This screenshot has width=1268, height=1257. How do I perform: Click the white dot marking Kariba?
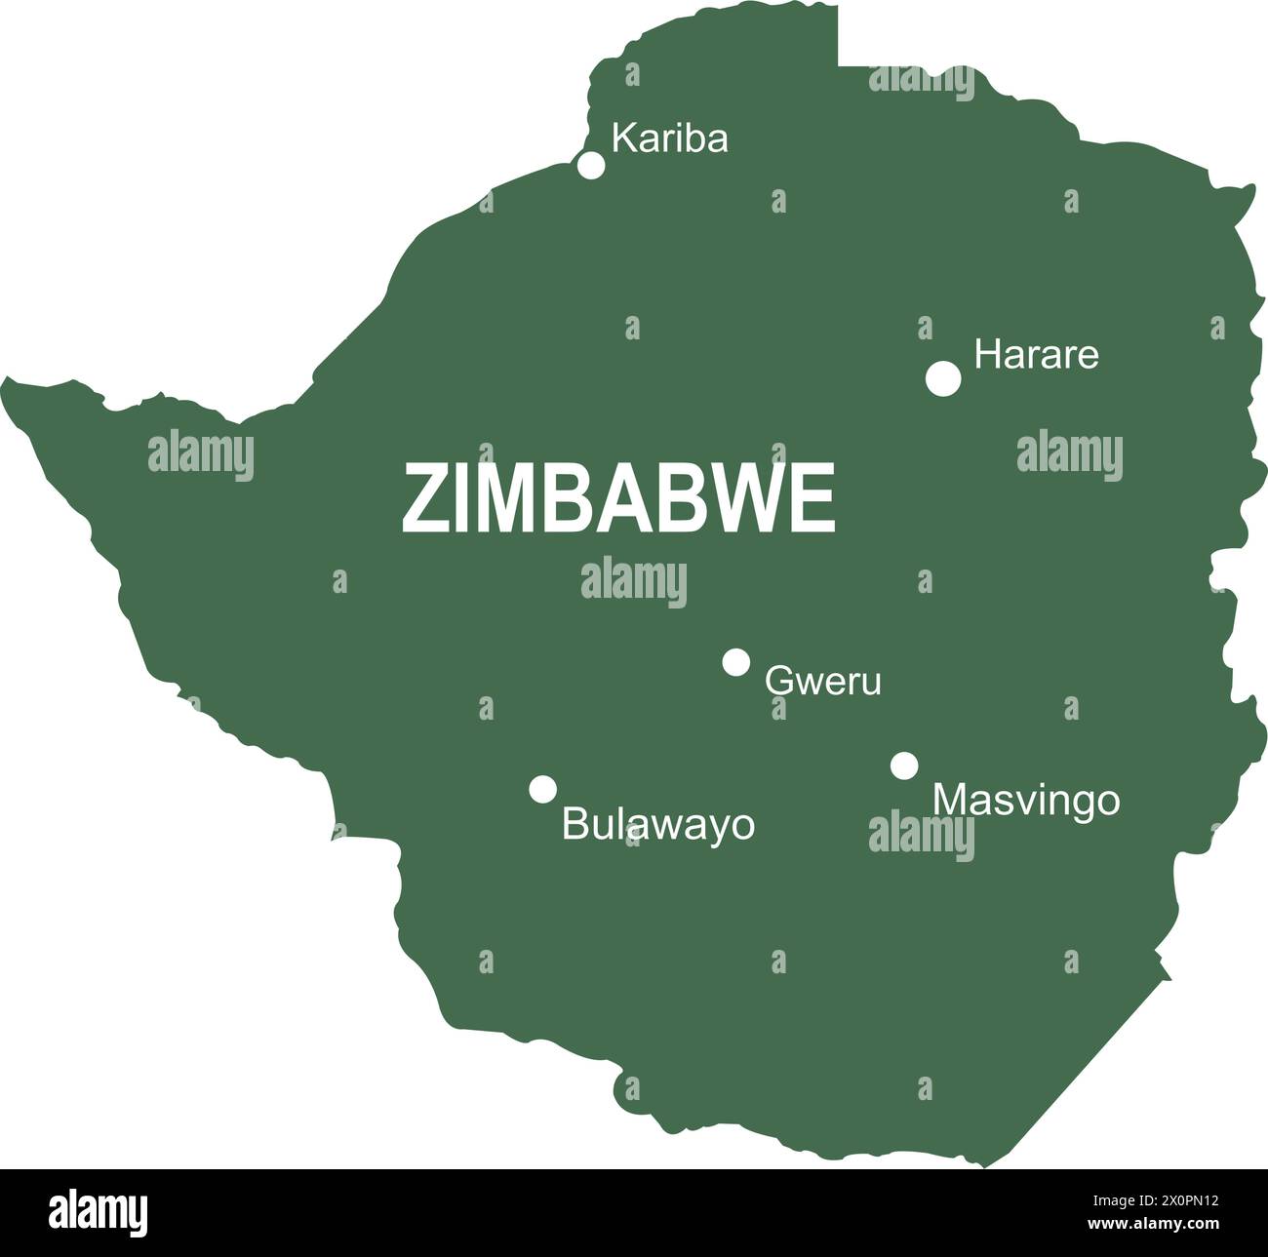tap(591, 165)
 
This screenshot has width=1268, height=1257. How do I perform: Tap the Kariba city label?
tap(669, 139)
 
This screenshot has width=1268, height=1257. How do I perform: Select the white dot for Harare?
tap(943, 378)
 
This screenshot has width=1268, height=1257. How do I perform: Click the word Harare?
tap(1036, 355)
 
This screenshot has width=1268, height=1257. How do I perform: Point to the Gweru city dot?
tap(736, 662)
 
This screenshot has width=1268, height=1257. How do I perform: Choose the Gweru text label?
tap(822, 681)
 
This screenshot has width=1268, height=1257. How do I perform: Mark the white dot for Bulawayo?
tap(543, 789)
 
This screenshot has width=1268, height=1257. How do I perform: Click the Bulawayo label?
tap(658, 825)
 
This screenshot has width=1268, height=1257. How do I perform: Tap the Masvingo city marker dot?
tap(904, 766)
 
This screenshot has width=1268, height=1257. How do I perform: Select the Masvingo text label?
tap(1026, 801)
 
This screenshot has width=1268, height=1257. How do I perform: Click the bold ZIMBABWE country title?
tap(618, 498)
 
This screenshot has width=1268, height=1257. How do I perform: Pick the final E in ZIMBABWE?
tap(817, 498)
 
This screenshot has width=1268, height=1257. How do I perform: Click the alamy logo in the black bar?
tap(99, 1211)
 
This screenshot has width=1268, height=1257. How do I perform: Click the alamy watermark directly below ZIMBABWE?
tap(634, 582)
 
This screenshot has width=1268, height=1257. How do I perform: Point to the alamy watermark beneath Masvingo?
tap(921, 836)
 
